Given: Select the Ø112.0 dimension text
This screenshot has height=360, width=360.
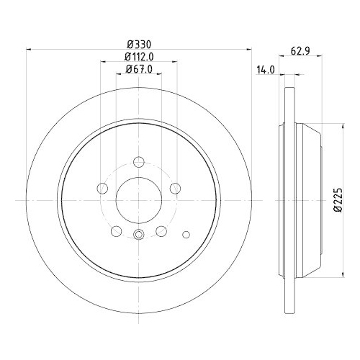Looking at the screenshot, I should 138,56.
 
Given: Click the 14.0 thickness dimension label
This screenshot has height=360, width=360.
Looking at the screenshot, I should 266,69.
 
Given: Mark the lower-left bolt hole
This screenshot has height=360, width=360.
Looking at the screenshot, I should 115,230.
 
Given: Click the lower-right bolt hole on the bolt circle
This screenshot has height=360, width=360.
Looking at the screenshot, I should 161,230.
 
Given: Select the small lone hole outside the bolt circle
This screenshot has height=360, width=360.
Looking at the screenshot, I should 187,234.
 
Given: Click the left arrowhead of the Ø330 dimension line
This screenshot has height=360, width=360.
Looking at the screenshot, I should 30,50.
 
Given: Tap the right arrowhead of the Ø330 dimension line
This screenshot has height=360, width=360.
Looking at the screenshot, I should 249,50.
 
